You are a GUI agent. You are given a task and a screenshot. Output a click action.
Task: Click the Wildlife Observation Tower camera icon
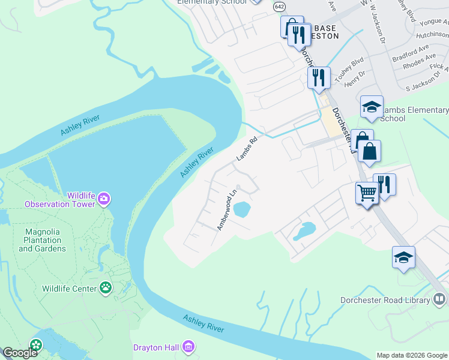click(x=104, y=198)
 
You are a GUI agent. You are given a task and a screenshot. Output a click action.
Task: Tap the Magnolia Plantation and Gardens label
click(x=46, y=240)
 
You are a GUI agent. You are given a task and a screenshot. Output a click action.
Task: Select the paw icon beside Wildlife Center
click(x=106, y=288)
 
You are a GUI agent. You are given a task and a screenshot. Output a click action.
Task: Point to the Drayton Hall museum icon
click(x=188, y=346)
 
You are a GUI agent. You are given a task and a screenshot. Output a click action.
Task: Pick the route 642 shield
click(x=279, y=6)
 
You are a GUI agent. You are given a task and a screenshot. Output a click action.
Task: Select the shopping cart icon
click(x=367, y=193)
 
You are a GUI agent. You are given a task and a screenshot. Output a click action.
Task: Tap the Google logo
click(x=20, y=353)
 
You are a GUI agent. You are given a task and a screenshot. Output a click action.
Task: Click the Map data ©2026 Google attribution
click(x=412, y=355)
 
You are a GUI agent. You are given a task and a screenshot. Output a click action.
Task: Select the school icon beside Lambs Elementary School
click(x=372, y=107)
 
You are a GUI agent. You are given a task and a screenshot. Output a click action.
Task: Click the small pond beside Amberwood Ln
click(x=241, y=209)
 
